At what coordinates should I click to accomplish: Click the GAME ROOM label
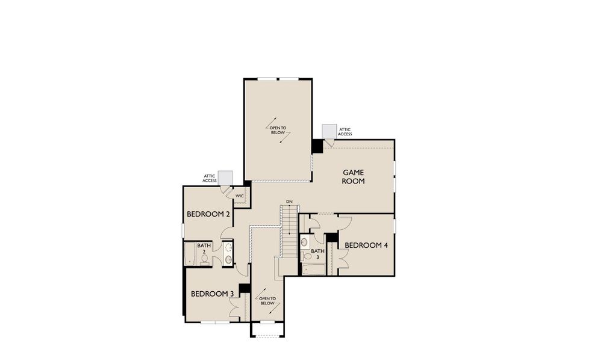[353, 176]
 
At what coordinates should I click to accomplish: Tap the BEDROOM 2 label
[208, 214]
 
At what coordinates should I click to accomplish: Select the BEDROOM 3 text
[212, 294]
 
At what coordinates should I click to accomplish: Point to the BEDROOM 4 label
[366, 245]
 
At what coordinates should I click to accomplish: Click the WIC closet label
[239, 196]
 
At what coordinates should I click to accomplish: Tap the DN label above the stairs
[289, 201]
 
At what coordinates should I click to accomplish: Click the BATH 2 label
[204, 248]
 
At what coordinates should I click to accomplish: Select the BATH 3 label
[317, 253]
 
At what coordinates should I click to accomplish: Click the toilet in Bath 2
[205, 259]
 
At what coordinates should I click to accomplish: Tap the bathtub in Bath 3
[313, 268]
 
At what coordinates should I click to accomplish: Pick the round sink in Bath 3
[305, 242]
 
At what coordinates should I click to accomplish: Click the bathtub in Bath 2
[189, 254]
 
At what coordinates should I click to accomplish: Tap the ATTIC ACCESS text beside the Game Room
[345, 132]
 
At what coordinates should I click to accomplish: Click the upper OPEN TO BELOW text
[278, 130]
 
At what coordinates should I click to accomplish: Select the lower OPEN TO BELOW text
[267, 301]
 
